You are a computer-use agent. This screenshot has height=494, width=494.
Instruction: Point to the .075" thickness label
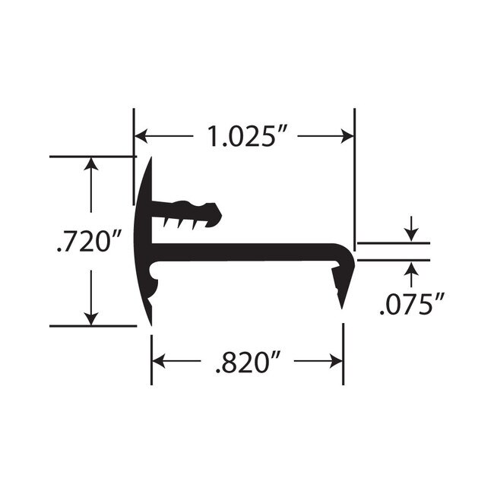[411, 306]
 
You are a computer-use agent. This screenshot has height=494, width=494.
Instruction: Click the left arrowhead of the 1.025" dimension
[141, 137]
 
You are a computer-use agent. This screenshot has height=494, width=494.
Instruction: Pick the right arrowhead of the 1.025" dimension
[348, 137]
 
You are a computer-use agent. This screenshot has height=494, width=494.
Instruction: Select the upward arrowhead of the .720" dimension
[91, 163]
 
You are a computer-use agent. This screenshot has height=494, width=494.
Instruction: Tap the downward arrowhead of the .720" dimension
[91, 319]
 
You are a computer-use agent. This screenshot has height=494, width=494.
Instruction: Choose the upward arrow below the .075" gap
[411, 268]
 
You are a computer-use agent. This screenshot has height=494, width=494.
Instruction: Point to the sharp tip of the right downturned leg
[341, 306]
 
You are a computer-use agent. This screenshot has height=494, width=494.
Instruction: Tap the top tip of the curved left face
[150, 160]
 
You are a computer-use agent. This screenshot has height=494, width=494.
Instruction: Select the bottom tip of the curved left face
[149, 322]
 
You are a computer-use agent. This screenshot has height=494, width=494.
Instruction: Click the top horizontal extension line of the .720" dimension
[91, 157]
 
